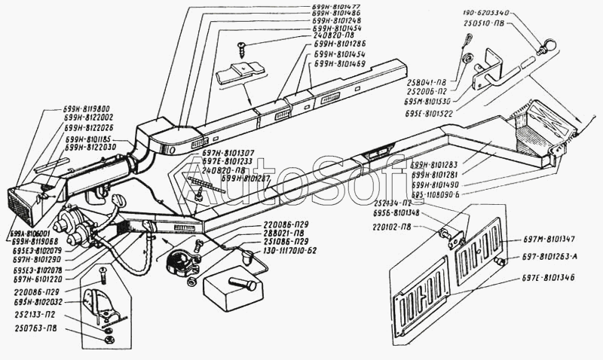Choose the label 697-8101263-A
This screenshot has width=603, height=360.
(x=556, y=256)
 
